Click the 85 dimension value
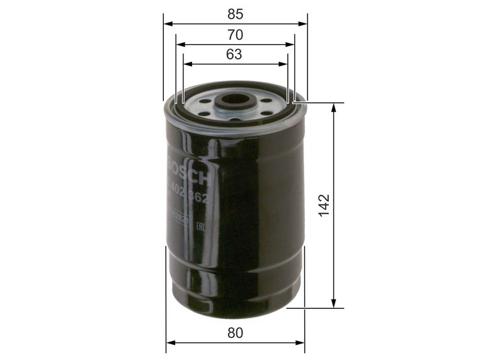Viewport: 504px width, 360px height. click(236, 13)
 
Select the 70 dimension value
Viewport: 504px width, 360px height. click(236, 35)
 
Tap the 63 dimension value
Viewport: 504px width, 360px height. click(234, 54)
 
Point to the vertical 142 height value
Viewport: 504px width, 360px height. click(324, 206)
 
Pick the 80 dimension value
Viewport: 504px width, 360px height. click(235, 332)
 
